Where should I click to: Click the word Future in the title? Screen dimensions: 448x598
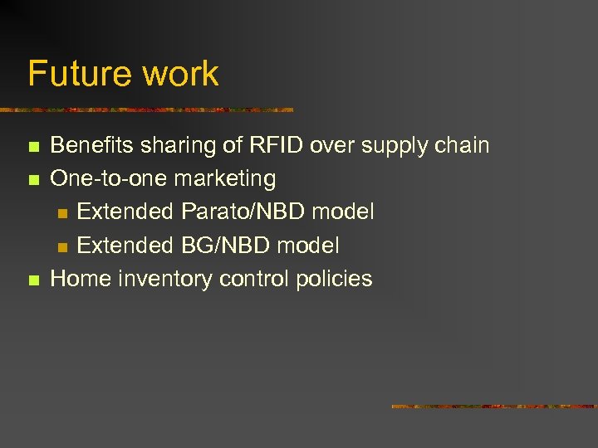pos(80,74)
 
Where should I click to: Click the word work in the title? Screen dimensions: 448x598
pos(180,74)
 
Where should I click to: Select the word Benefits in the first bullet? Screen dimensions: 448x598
pos(87,146)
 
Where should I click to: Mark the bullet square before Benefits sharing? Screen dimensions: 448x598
pos(32,148)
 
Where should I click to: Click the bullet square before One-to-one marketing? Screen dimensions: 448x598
pos(32,180)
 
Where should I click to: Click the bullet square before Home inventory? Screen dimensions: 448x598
pos(32,280)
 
